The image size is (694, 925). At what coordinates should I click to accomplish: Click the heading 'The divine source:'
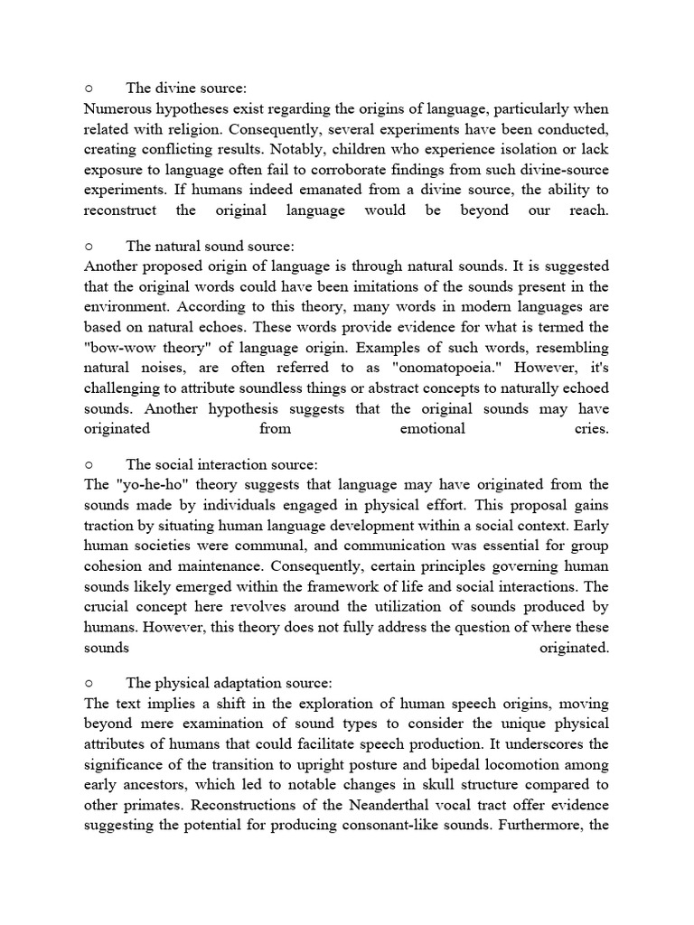(186, 89)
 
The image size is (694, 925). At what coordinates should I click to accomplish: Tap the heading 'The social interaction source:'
(221, 464)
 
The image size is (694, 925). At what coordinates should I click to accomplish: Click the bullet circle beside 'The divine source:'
(89, 89)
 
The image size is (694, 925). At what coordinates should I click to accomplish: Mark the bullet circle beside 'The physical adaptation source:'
(89, 683)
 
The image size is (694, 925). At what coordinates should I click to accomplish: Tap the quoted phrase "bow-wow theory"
(136, 348)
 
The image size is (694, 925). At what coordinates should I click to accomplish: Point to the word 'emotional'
(432, 428)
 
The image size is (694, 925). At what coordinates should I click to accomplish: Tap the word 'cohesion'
(113, 565)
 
